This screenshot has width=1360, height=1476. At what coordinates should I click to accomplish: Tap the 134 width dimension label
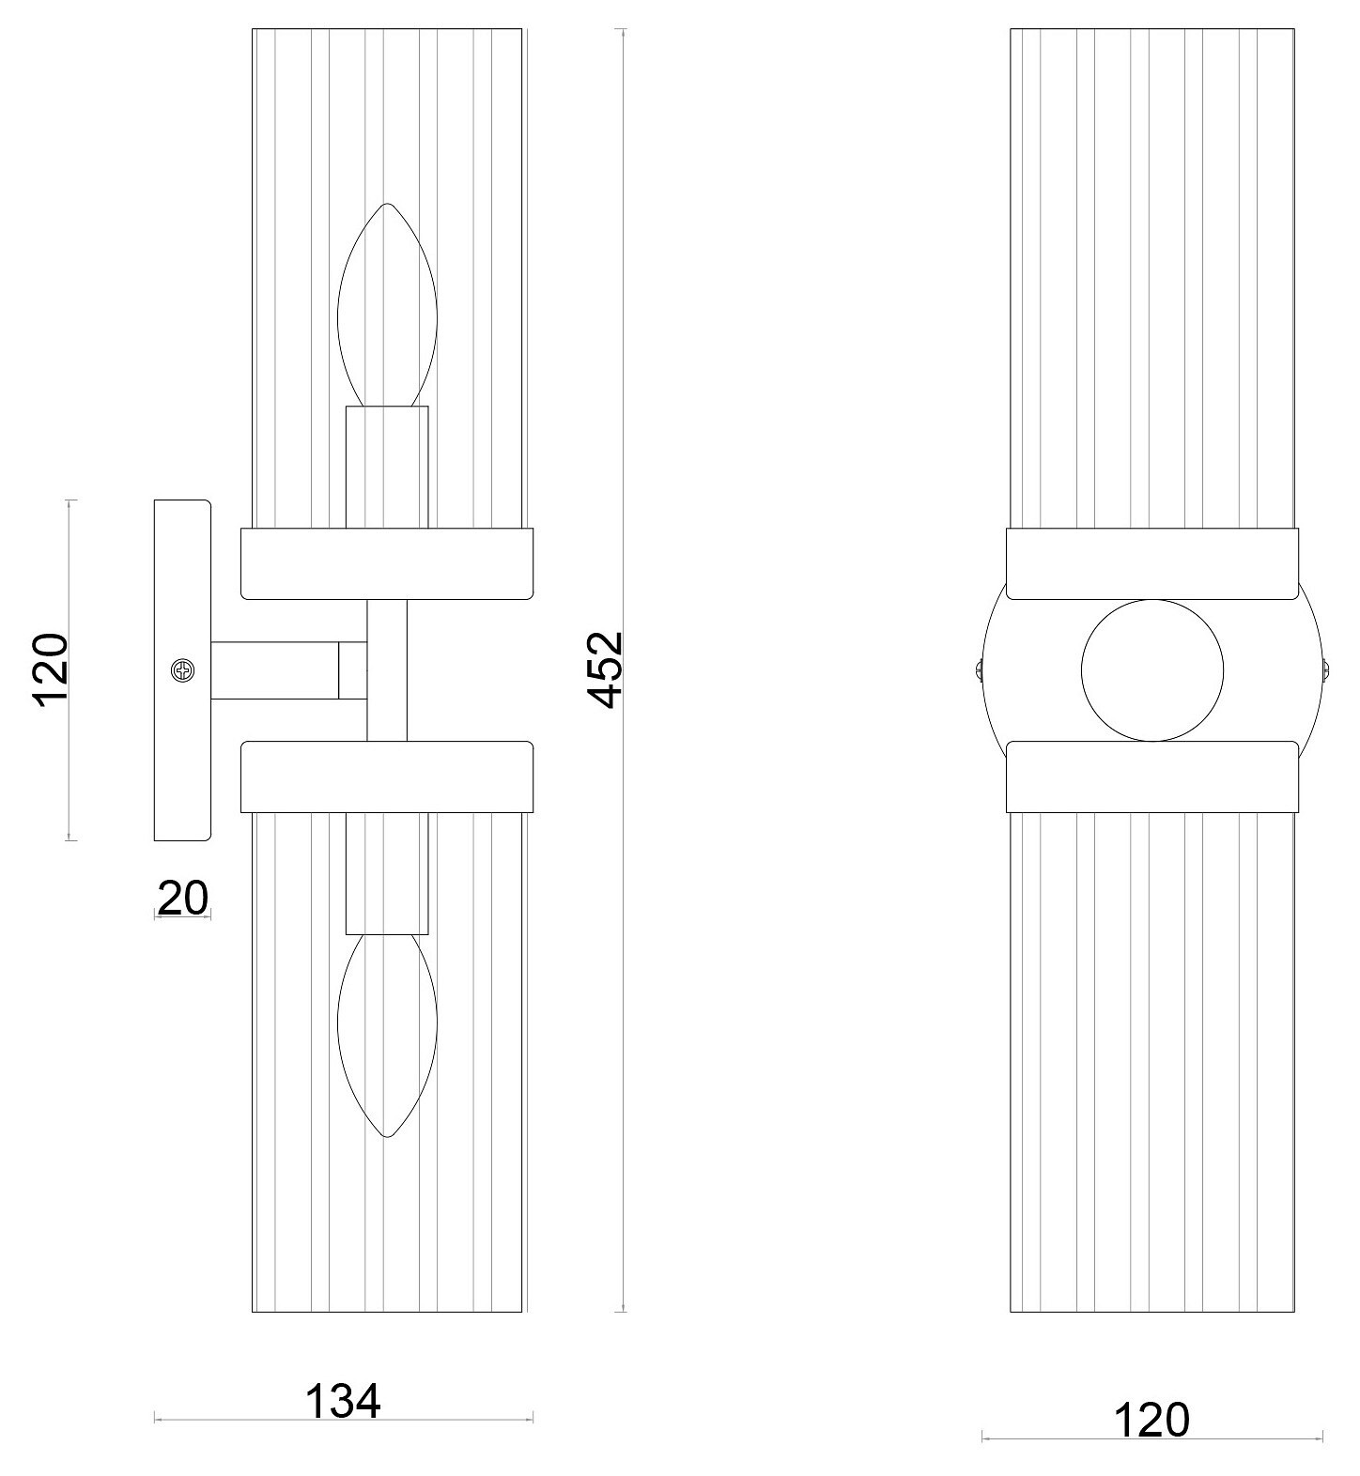coord(344,1401)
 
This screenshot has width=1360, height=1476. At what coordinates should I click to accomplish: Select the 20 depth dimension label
coord(182,898)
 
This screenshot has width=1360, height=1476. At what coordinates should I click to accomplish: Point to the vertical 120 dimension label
coord(51,669)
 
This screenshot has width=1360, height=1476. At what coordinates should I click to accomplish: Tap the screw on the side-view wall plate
coord(183,670)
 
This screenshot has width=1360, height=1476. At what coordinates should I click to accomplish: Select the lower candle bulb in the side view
coord(387,1036)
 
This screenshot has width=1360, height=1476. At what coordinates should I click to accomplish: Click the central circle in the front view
coord(1152,670)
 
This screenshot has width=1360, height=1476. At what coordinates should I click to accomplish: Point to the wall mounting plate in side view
coord(182,670)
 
